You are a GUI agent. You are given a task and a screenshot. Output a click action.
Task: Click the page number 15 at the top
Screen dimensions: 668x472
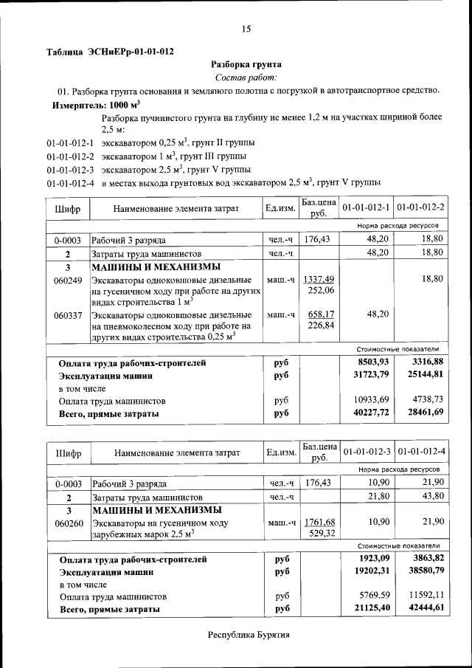click(246, 29)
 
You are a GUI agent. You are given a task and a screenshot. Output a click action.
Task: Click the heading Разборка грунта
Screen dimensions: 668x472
click(246, 65)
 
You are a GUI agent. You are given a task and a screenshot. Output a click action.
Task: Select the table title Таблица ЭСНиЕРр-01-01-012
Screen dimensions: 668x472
click(110, 52)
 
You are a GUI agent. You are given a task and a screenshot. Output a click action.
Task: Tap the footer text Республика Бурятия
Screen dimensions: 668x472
click(249, 634)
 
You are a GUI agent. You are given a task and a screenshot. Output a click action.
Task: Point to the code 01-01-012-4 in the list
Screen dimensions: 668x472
click(71, 182)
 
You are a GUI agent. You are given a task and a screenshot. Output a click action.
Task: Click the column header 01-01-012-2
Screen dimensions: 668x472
click(420, 208)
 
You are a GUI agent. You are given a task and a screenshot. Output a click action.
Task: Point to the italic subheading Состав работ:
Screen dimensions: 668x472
click(246, 78)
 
